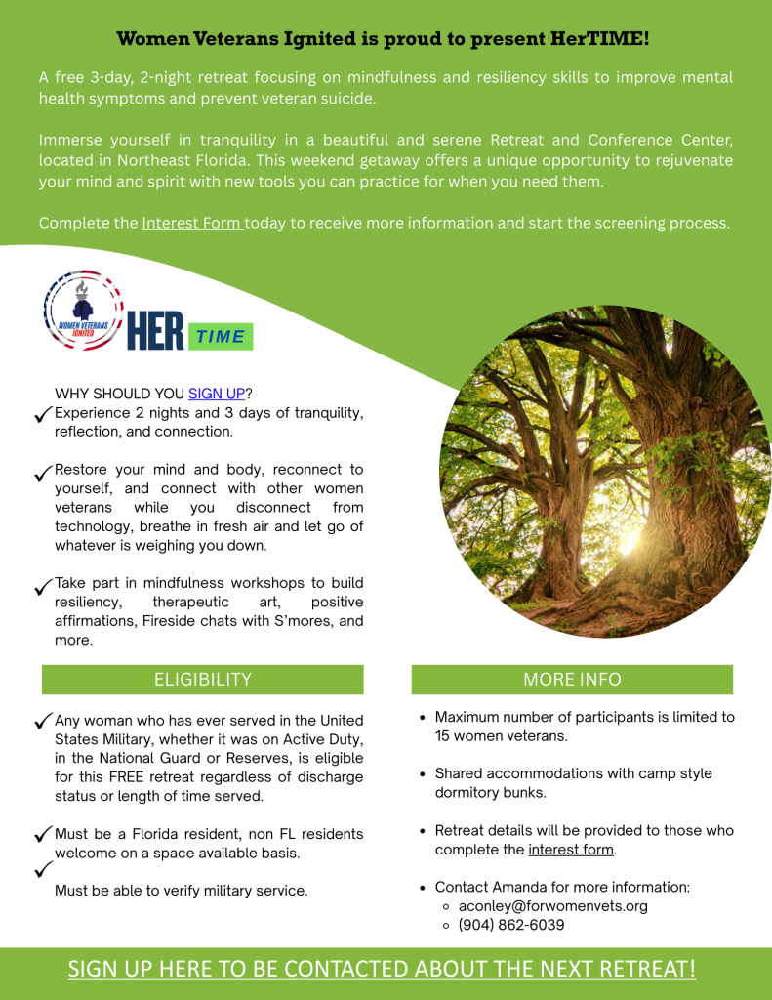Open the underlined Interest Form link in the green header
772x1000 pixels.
pos(192,223)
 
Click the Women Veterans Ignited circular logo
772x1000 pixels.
pos(84,312)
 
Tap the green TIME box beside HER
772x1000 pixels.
pos(221,336)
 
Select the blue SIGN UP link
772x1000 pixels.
pos(217,394)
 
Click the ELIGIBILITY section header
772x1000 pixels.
pos(202,680)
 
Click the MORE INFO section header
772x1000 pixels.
pos(572,680)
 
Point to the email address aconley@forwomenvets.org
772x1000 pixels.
pos(552,905)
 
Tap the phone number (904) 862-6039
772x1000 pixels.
pos(510,924)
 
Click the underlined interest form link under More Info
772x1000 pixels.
pos(571,850)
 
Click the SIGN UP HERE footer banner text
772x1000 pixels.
pos(382,969)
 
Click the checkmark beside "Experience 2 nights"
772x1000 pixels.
pos(43,415)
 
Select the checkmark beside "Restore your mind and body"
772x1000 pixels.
pos(43,473)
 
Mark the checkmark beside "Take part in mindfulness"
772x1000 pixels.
pos(43,586)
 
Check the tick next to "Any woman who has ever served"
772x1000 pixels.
pos(43,722)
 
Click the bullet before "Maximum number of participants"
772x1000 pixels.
pos(421,718)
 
